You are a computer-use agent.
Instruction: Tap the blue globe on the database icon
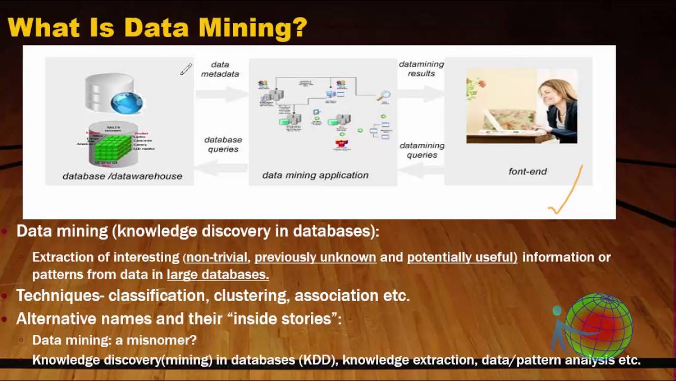127,103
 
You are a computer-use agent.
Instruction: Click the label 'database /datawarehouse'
122,176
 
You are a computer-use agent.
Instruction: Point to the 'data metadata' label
220,69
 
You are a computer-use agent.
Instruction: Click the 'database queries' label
223,144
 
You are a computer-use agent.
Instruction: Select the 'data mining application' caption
315,175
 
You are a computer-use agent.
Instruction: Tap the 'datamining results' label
421,69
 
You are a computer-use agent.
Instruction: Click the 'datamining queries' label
421,150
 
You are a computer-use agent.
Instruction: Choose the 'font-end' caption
527,171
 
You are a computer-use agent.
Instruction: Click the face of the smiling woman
551,94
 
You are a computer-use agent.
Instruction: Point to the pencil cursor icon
186,69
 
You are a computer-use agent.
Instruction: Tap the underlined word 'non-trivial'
217,257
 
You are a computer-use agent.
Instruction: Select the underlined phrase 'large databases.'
218,275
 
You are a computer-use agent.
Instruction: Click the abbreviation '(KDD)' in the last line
318,360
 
